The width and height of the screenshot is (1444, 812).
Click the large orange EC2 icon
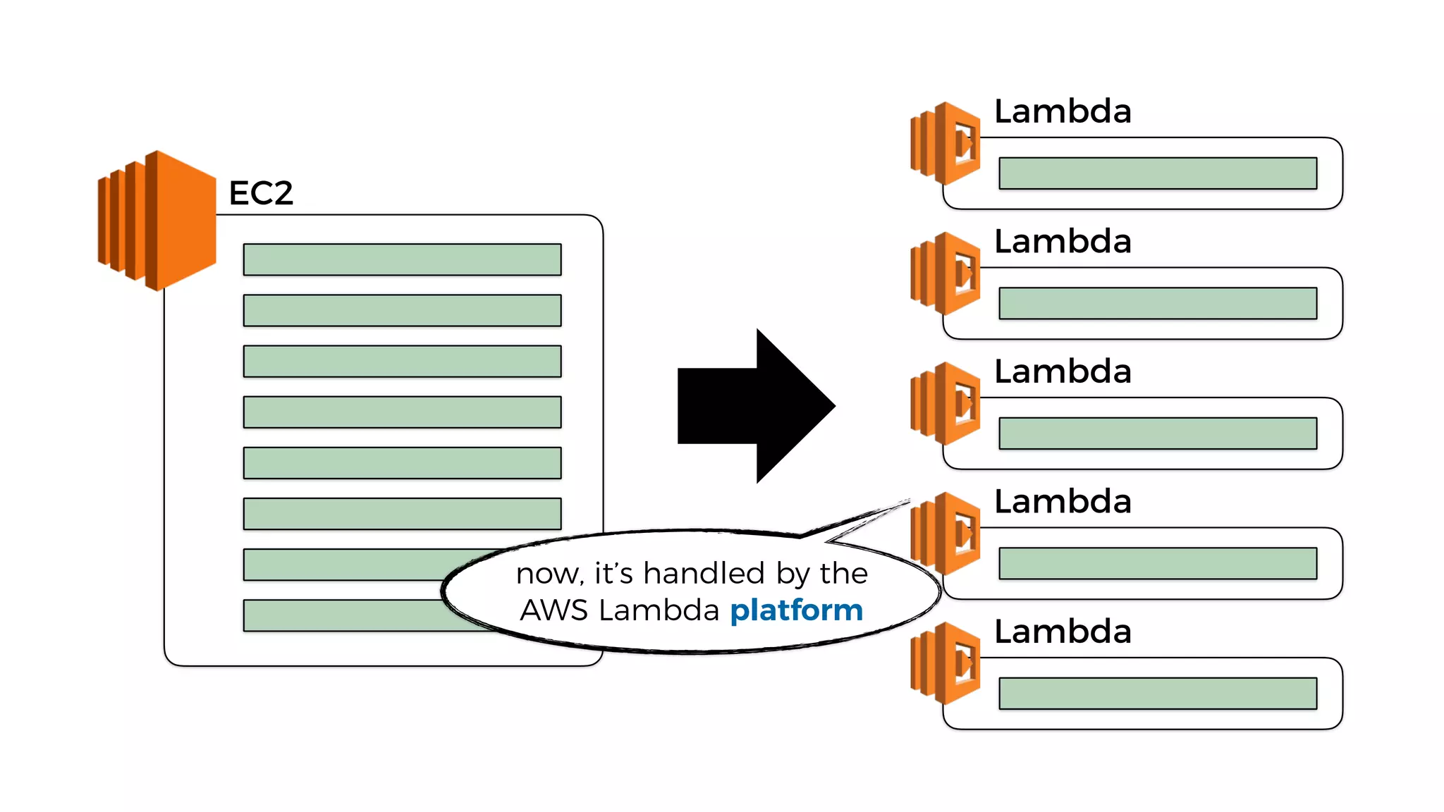[157, 220]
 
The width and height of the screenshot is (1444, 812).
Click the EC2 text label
[260, 193]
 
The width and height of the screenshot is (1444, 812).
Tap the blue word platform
[796, 610]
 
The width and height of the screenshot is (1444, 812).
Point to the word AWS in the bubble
[553, 610]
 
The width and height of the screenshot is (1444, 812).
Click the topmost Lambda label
[1062, 111]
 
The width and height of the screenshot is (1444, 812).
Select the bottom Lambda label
[1062, 632]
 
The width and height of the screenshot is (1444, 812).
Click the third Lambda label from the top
[1062, 371]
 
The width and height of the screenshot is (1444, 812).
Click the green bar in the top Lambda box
[1158, 173]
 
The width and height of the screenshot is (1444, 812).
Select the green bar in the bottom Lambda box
[1158, 694]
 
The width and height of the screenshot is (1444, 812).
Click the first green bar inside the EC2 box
[402, 259]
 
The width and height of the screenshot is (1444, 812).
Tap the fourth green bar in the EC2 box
[402, 412]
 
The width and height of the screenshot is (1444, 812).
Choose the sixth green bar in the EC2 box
[402, 514]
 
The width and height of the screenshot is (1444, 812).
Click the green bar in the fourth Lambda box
[1158, 563]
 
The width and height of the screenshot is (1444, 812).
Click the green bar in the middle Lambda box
[1158, 433]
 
